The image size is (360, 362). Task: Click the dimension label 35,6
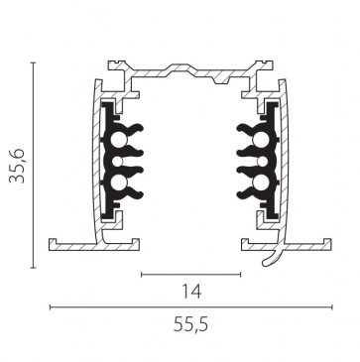click(x=17, y=166)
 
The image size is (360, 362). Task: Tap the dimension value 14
click(x=191, y=292)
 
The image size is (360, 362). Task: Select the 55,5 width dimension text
click(x=191, y=325)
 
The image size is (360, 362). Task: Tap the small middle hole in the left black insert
click(x=118, y=162)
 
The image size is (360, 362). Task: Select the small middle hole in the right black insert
click(x=263, y=162)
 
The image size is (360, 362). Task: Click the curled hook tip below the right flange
click(x=265, y=264)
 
